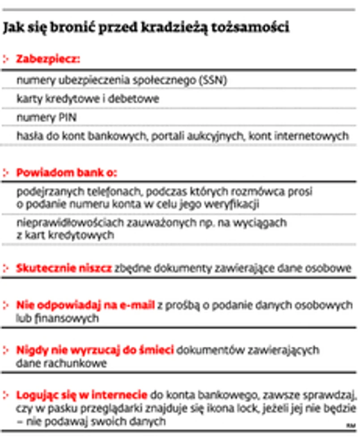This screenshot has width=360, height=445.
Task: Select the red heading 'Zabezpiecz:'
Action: tap(48, 59)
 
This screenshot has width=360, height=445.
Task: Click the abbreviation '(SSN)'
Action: tap(213, 80)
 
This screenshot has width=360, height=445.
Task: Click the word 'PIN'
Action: tap(68, 118)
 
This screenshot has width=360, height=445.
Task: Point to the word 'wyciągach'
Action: tap(264, 222)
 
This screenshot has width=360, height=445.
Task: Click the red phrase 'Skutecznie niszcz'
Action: tap(64, 268)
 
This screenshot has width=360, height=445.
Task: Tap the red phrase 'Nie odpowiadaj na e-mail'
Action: tap(85, 306)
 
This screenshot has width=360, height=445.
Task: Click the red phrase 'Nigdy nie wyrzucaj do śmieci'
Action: tap(95, 351)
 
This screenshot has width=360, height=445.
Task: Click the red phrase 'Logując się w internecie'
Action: tap(82, 395)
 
